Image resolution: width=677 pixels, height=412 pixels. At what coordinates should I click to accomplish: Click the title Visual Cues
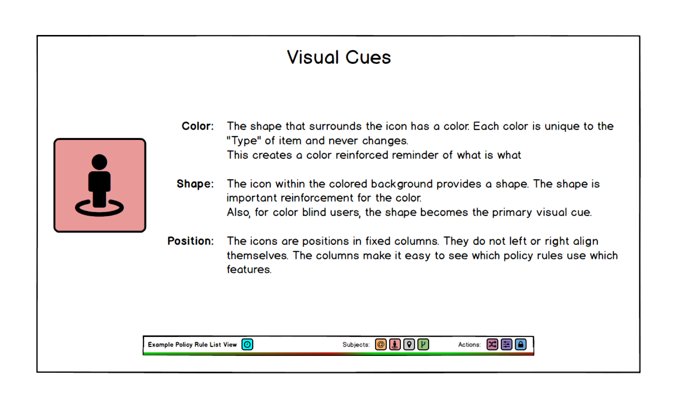coord(339,57)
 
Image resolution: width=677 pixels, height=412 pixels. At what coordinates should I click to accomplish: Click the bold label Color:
coord(198,126)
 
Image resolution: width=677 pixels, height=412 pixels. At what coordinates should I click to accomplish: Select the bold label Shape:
coord(195,184)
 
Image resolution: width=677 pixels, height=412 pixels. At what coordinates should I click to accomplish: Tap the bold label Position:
coord(190,241)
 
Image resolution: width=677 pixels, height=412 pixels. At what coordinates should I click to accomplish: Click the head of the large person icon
coord(100,162)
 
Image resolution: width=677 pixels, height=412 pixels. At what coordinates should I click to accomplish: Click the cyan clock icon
coord(247,345)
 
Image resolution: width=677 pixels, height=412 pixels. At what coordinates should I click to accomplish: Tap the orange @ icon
coord(381,345)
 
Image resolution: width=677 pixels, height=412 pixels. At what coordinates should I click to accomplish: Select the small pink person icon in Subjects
coord(395,345)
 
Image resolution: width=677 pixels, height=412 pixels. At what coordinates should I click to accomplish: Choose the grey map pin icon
coord(409,345)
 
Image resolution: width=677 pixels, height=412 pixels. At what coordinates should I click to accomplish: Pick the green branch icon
coord(423,345)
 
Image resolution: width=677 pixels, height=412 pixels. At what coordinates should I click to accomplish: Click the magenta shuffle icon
coord(492,345)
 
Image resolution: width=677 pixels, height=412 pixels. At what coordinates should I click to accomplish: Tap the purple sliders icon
coord(507,345)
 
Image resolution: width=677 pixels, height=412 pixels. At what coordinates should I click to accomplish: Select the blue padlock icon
coord(521,345)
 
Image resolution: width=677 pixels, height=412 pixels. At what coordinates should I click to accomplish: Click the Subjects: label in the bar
coord(356,345)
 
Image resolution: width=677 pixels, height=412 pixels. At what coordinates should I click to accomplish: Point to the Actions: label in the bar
coord(469,345)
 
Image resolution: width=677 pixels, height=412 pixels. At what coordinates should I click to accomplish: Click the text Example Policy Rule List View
coord(192,345)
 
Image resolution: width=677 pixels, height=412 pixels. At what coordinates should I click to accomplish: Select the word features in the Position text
coord(249,270)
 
